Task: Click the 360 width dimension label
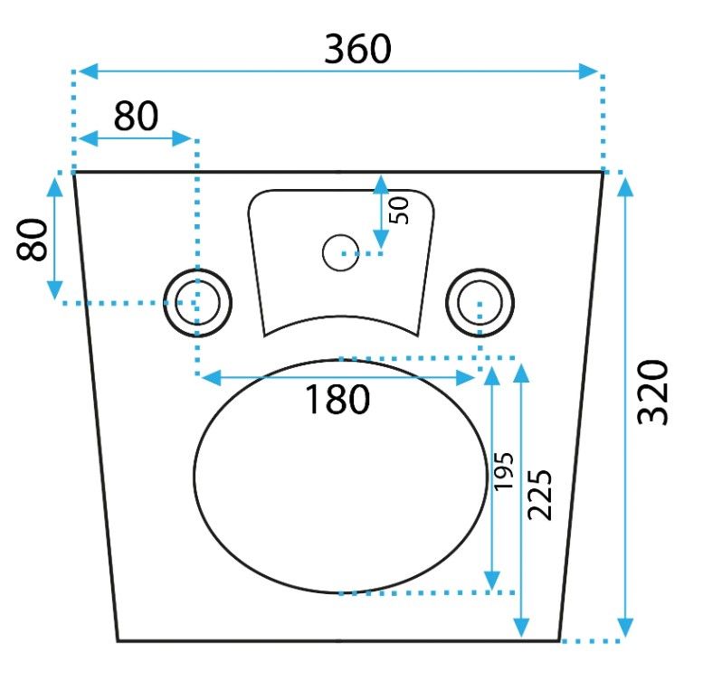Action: pyautogui.click(x=357, y=49)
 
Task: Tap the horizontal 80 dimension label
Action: pyautogui.click(x=136, y=116)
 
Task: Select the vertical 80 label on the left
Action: pyautogui.click(x=32, y=240)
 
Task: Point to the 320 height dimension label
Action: pyautogui.click(x=652, y=392)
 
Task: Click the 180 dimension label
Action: pyautogui.click(x=337, y=399)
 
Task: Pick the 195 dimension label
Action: pyautogui.click(x=502, y=471)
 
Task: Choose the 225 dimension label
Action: pyautogui.click(x=539, y=495)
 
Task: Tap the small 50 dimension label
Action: pyautogui.click(x=399, y=211)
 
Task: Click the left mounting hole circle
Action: pyautogui.click(x=197, y=303)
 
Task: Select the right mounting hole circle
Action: pyautogui.click(x=480, y=303)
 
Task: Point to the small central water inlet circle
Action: pyautogui.click(x=340, y=252)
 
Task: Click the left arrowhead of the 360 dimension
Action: pyautogui.click(x=89, y=71)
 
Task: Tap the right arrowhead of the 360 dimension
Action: pyautogui.click(x=588, y=71)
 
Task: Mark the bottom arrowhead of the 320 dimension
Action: pyautogui.click(x=625, y=628)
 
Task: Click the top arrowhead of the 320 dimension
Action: pyautogui.click(x=625, y=186)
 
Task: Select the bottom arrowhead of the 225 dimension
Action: pyautogui.click(x=521, y=628)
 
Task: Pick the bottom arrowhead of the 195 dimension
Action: pyautogui.click(x=492, y=581)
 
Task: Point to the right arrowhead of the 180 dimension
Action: pyautogui.click(x=465, y=378)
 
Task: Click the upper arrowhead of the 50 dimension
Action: pyautogui.click(x=381, y=184)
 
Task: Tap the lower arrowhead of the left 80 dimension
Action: pyautogui.click(x=54, y=290)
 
